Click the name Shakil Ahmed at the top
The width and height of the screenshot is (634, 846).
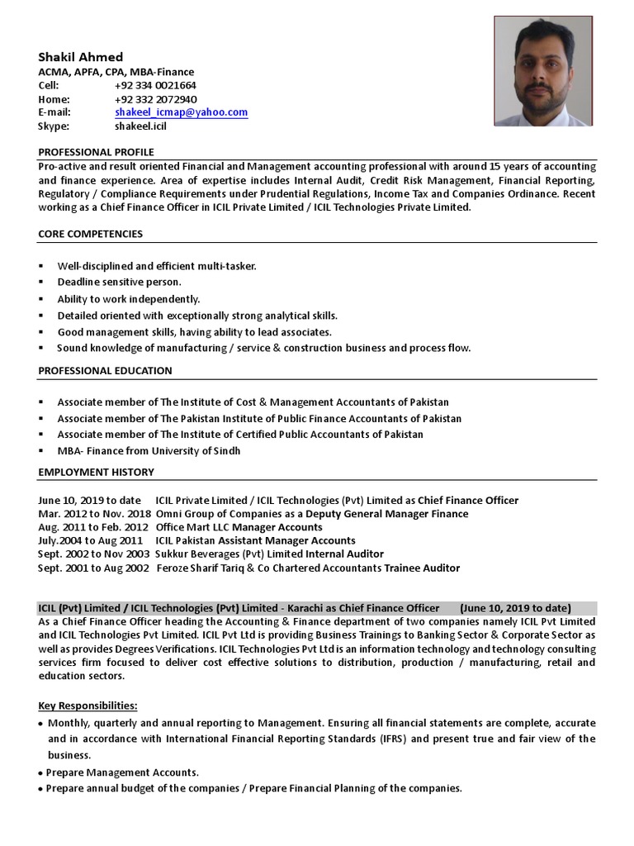pos(81,57)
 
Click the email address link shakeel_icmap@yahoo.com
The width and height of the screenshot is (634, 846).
pos(181,112)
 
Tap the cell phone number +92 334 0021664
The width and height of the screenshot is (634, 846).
pos(155,85)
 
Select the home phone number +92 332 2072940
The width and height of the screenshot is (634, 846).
pos(155,99)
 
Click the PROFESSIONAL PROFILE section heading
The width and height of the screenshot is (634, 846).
pos(96,152)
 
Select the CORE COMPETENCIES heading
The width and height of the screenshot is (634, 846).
pos(90,234)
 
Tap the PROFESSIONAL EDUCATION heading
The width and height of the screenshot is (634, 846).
pos(105,371)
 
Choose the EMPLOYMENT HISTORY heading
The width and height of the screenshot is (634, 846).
pos(96,472)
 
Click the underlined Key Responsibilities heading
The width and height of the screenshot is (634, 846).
pos(88,706)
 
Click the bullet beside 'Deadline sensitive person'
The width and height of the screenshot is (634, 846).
pos(41,283)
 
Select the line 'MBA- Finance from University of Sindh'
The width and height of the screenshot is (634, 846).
pos(149,450)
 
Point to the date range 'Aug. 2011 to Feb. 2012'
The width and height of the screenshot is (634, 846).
pos(93,527)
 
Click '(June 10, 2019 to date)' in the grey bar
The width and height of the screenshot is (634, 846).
pos(515,607)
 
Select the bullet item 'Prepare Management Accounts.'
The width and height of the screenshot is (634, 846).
pos(122,772)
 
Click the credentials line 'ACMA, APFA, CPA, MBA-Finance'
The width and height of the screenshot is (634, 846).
pos(116,72)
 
